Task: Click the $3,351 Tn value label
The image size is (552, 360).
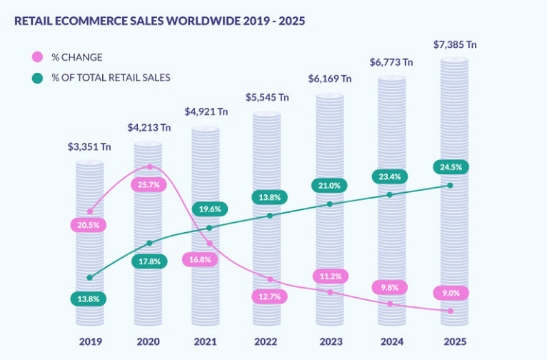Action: tap(89, 148)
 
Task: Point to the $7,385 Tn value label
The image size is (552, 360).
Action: tap(455, 45)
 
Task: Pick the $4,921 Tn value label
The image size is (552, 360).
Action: tap(206, 111)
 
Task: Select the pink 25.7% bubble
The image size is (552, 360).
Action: tap(149, 185)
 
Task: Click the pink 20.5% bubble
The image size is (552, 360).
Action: tap(89, 225)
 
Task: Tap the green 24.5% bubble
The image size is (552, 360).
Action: tap(450, 168)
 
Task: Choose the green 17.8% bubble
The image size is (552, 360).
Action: tap(149, 261)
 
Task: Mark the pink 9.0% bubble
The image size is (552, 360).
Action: tap(451, 293)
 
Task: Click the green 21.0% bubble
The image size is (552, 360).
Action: tap(329, 186)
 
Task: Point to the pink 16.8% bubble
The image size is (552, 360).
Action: tap(209, 260)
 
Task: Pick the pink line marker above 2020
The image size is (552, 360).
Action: tap(149, 166)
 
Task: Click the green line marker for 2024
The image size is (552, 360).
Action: tap(390, 195)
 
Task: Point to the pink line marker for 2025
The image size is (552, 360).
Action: tap(450, 311)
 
